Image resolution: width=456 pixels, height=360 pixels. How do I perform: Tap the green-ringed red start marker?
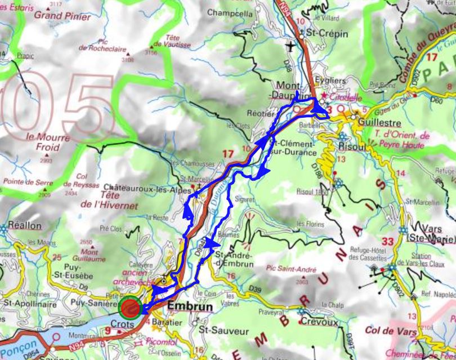131,308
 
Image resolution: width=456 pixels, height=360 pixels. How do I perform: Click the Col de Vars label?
385,330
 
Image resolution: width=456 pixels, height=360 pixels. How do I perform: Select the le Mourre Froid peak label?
48,142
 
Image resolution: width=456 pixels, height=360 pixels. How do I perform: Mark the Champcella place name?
230,12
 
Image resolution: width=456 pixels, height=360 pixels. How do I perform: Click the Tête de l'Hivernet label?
108,201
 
